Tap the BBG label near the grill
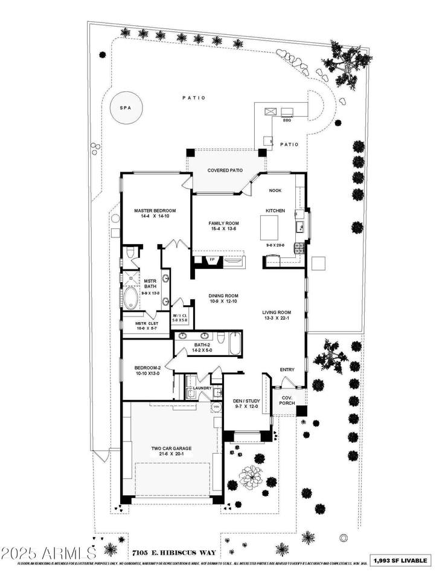pos(287,120)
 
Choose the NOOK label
pos(275,190)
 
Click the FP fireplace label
pos(212,260)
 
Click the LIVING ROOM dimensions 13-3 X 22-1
pos(277,320)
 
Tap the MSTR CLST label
pos(147,323)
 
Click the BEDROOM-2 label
pos(147,367)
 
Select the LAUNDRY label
pos(203,388)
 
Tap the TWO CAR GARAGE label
pos(171,448)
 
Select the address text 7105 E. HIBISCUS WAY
pos(171,552)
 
